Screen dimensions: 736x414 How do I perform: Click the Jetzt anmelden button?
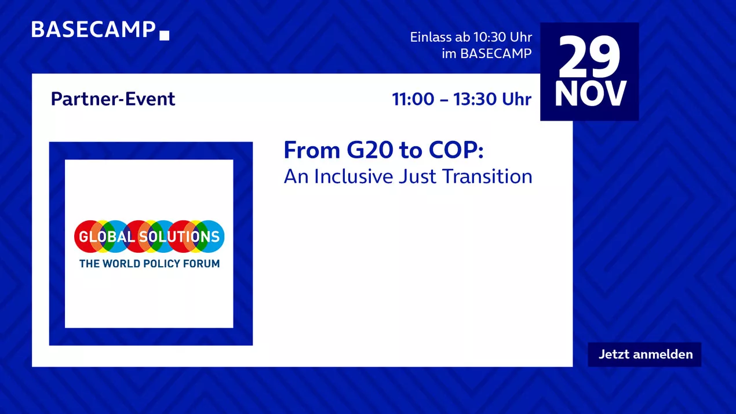coord(644,354)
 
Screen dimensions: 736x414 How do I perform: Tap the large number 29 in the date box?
coord(589,56)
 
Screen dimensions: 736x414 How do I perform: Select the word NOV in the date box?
coord(590,94)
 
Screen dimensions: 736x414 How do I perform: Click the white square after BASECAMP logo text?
coord(164,35)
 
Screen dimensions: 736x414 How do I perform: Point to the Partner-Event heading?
coord(113,99)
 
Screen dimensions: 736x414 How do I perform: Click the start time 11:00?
coord(413,99)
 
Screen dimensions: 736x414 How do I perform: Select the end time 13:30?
coord(475,99)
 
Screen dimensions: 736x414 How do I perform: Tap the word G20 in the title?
coord(370,150)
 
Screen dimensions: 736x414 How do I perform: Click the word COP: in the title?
coord(456,150)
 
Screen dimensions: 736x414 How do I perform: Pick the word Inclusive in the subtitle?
coord(354,176)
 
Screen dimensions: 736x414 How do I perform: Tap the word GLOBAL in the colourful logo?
coord(107,237)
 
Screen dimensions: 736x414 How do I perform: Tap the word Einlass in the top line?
coord(431,37)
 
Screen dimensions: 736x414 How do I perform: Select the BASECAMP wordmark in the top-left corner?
coord(93,30)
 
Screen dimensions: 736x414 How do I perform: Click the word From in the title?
coord(312,150)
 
